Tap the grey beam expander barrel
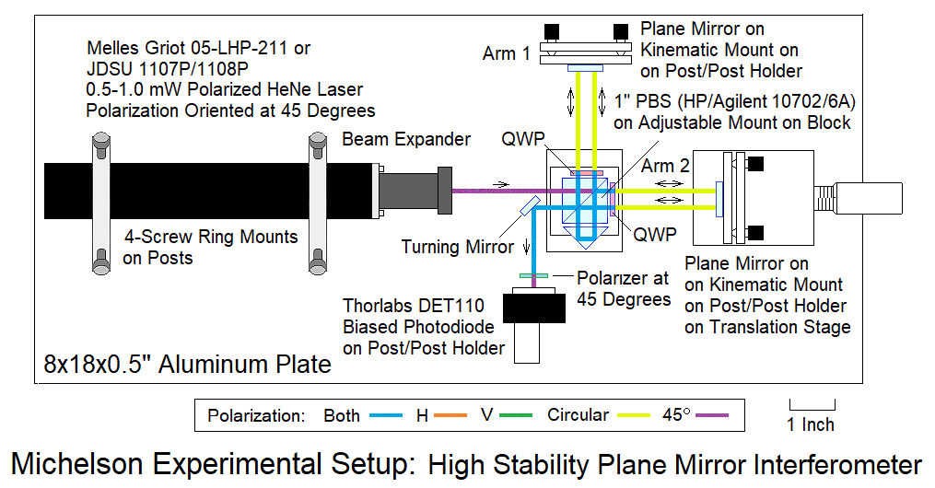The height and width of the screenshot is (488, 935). point(414,190)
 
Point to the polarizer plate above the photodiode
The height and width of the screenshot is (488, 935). point(534,276)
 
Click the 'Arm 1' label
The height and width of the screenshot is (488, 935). point(507,54)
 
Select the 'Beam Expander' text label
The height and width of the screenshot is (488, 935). point(406,140)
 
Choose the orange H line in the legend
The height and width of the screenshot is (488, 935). point(451,415)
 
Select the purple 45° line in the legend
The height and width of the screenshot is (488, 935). point(714,415)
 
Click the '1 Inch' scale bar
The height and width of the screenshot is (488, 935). point(812,403)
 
